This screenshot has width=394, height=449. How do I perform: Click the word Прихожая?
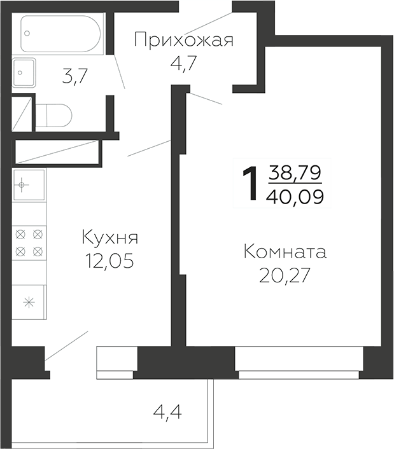coord(184,41)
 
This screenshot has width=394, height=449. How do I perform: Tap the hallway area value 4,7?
coord(184,64)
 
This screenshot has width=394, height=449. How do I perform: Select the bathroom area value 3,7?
coord(74,76)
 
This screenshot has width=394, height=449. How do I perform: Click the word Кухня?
coord(109,239)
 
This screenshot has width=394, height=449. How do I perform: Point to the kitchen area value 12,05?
coord(109,261)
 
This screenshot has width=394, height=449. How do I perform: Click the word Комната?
coord(285,252)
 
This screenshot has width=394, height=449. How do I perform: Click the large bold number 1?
coord(251,184)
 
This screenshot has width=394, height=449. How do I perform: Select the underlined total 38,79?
coord(295,172)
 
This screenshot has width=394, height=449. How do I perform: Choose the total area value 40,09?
coord(295,195)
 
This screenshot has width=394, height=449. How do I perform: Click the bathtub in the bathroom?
coord(60,33)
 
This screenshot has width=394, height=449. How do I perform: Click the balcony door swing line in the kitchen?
coord(66,347)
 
